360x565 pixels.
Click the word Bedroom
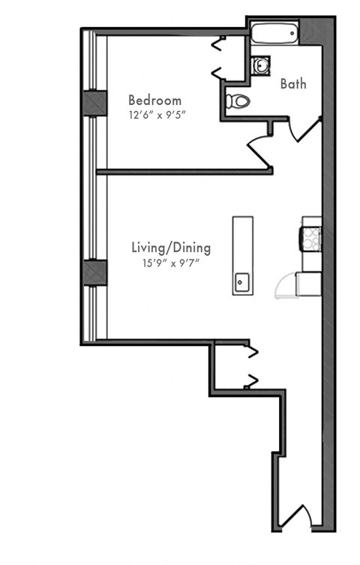154,100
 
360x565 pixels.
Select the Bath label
293,84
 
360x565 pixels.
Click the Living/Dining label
171,247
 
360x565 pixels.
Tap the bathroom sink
259,66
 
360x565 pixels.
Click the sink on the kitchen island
242,282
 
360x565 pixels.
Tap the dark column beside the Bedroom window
95,103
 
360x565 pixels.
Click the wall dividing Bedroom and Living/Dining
180,172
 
